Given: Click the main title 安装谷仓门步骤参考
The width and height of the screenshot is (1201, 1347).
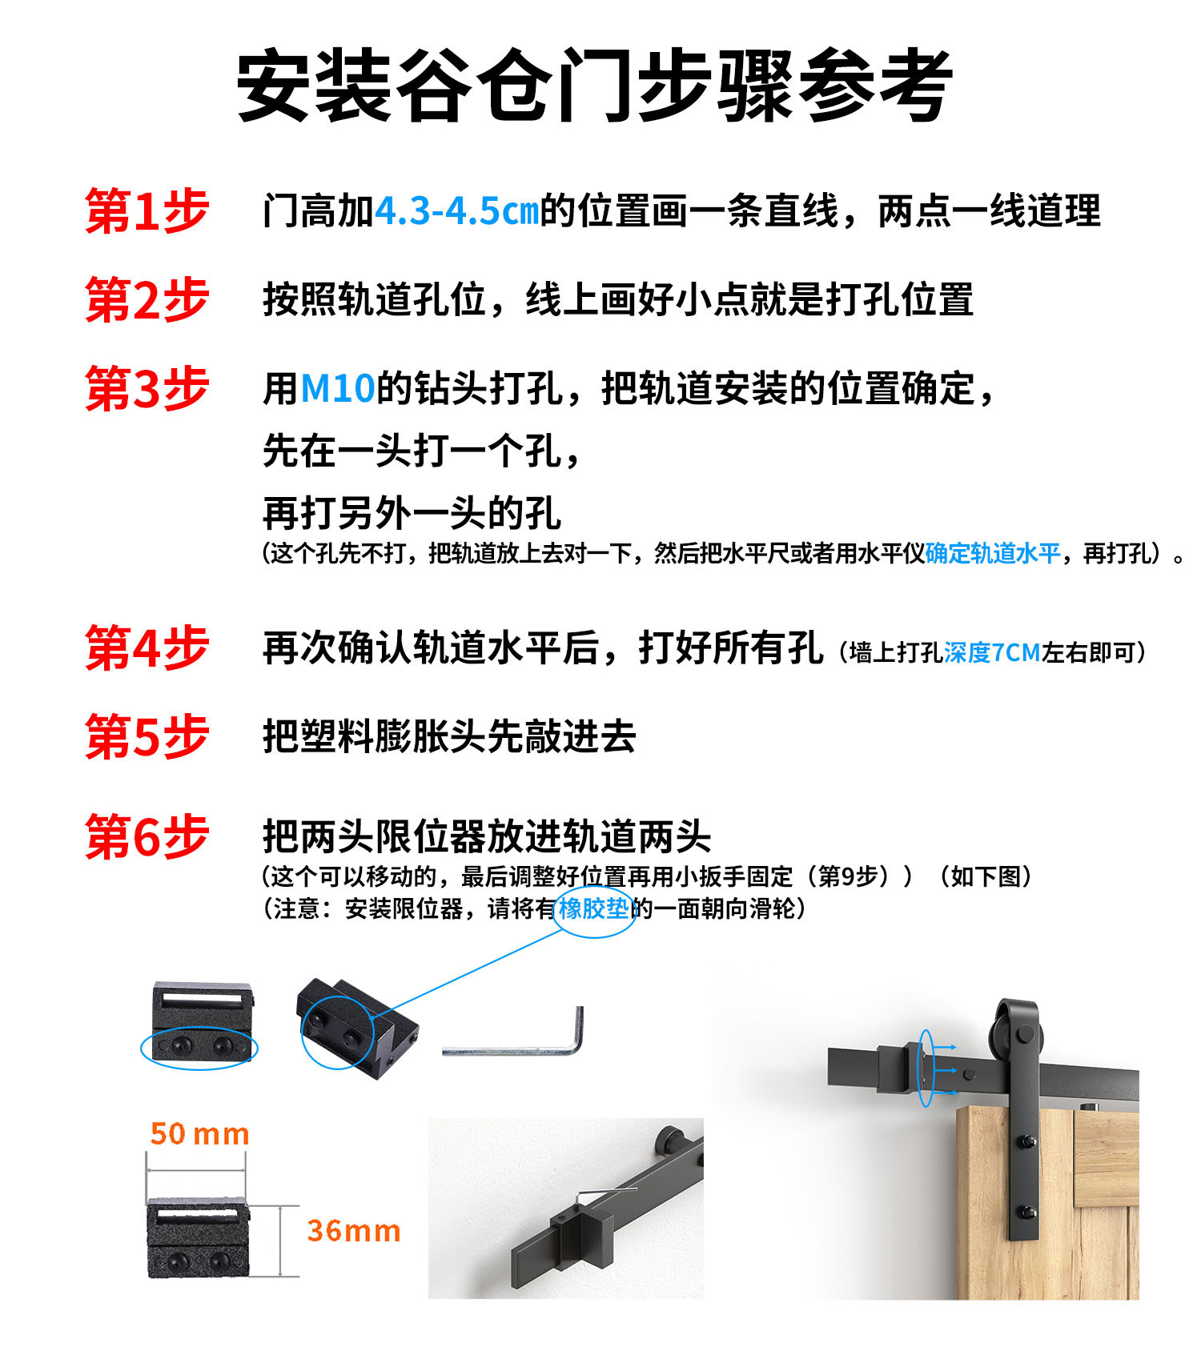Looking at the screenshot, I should tap(594, 85).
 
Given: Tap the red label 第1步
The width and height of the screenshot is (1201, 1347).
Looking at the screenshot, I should tap(147, 211).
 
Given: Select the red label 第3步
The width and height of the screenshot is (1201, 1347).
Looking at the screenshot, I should tap(147, 389).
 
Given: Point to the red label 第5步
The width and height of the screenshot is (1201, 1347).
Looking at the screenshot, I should tap(147, 736).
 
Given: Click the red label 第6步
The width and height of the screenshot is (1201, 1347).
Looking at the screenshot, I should tap(147, 837).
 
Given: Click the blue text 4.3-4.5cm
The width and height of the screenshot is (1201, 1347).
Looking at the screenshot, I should tap(456, 211).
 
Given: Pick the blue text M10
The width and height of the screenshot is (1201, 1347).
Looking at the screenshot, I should tap(337, 389).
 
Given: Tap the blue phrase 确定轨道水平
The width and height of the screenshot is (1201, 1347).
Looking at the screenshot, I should tap(992, 553).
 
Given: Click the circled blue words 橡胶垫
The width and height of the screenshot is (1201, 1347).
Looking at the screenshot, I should tap(593, 909).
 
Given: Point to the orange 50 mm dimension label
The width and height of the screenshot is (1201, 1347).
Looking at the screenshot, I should tap(199, 1134).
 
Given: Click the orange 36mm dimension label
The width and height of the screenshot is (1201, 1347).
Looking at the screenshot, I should tap(353, 1231).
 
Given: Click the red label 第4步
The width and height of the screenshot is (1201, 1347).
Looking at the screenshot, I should tap(147, 648).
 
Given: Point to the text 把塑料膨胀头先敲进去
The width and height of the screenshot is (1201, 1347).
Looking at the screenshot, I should tap(449, 736).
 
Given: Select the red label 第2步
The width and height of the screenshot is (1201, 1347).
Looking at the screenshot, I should tap(147, 300).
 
